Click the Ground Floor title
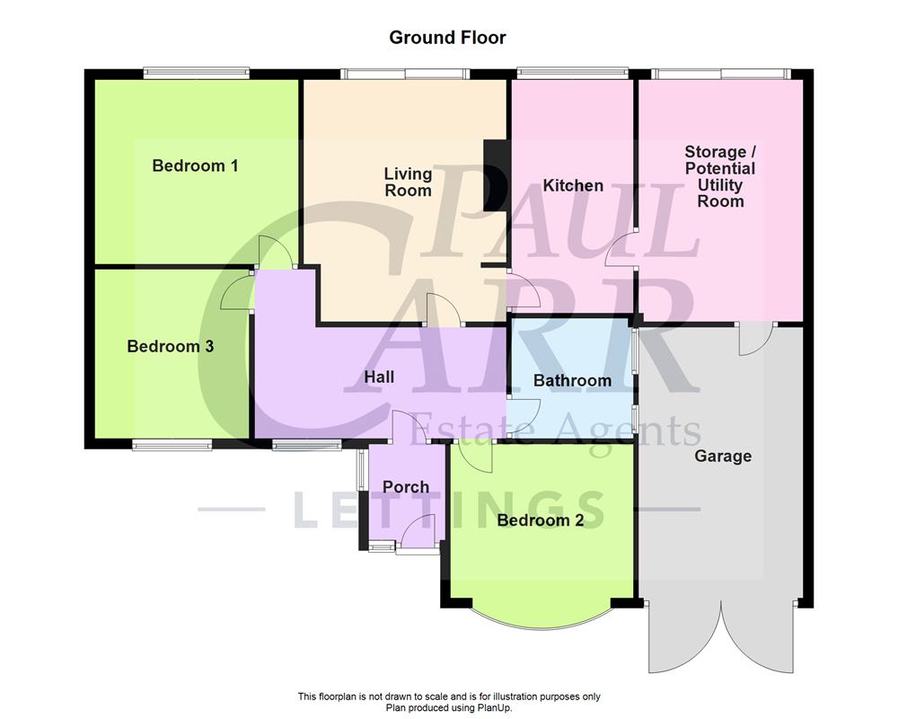(x=447, y=38)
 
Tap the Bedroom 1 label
(x=195, y=165)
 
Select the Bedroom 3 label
(x=170, y=346)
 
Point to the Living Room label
(x=408, y=182)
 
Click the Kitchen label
(x=573, y=185)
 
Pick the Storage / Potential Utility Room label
(x=720, y=177)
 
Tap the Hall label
(x=379, y=377)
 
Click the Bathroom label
(x=572, y=380)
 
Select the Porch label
(x=406, y=487)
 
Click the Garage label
(x=723, y=456)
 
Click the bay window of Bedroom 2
(x=541, y=618)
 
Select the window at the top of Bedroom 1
(x=196, y=73)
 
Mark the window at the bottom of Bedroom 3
(x=172, y=444)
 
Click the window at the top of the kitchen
(x=572, y=73)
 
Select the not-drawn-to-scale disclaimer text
(x=449, y=697)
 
